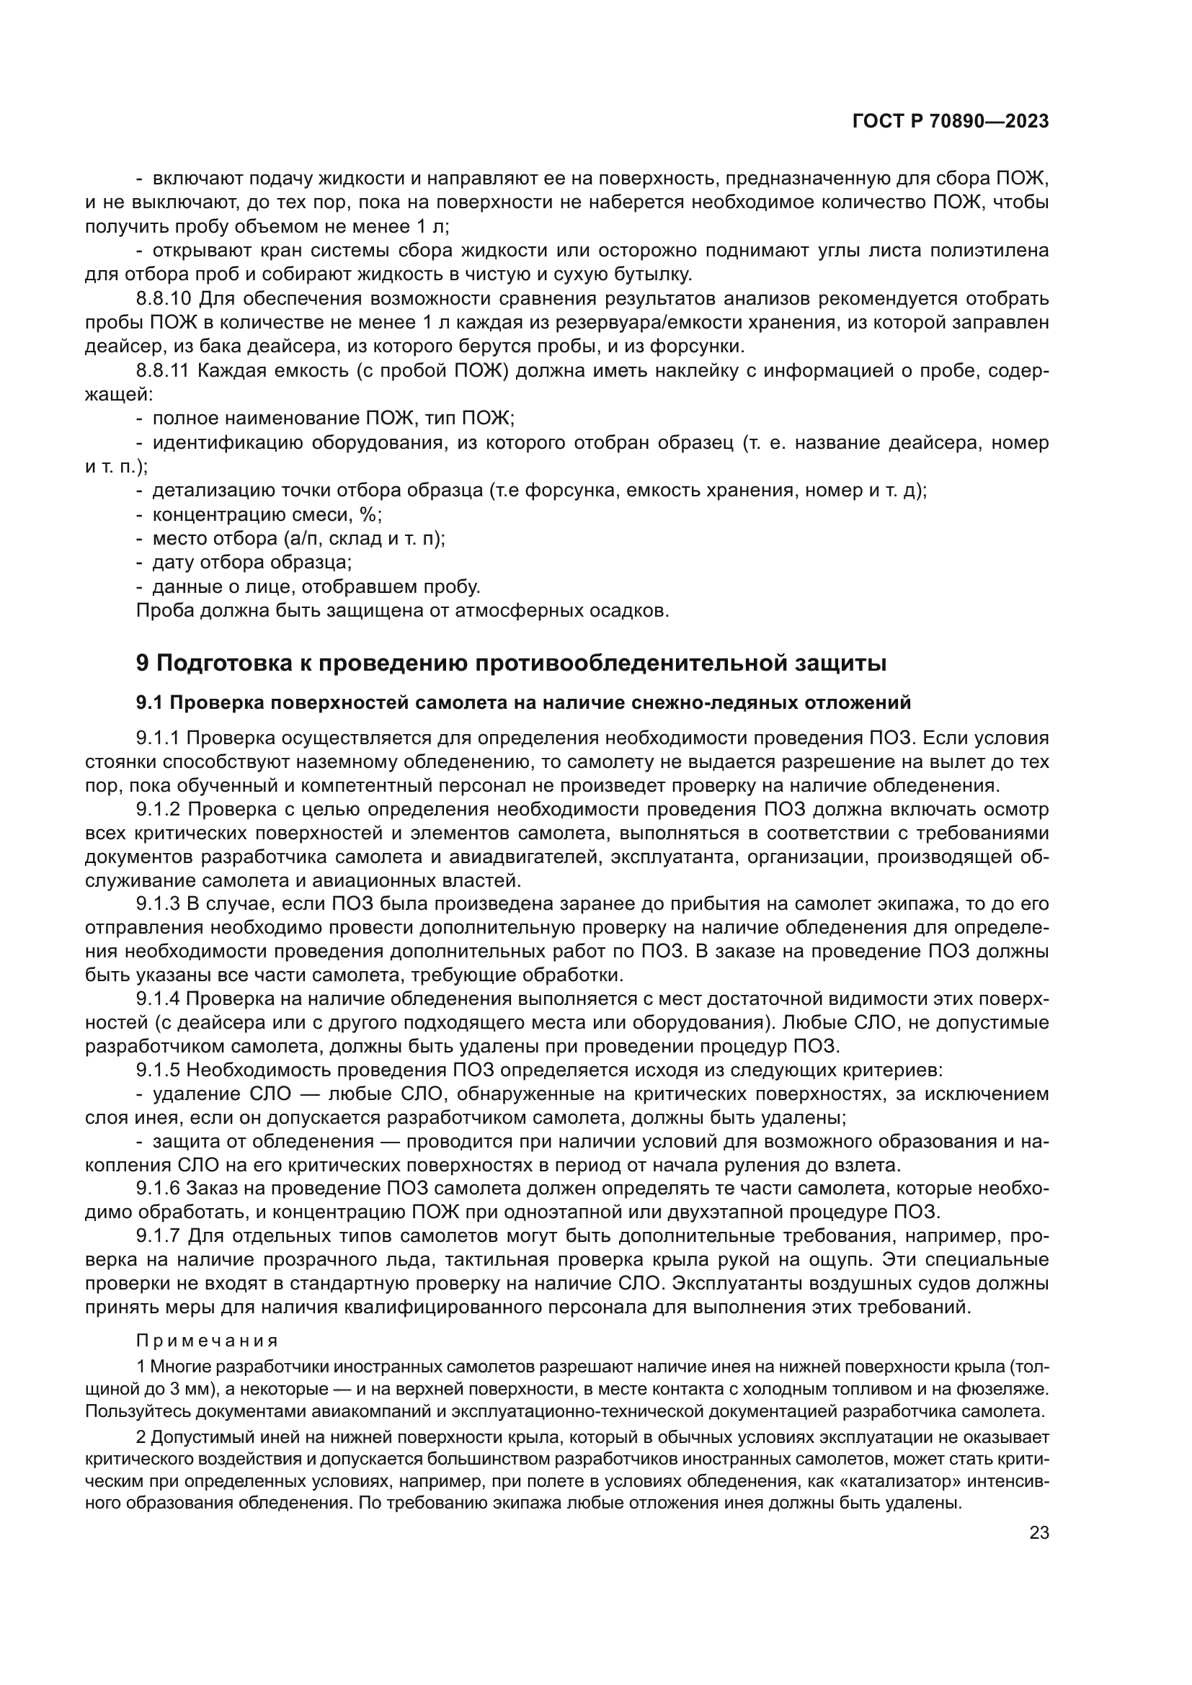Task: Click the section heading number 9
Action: tap(143, 663)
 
